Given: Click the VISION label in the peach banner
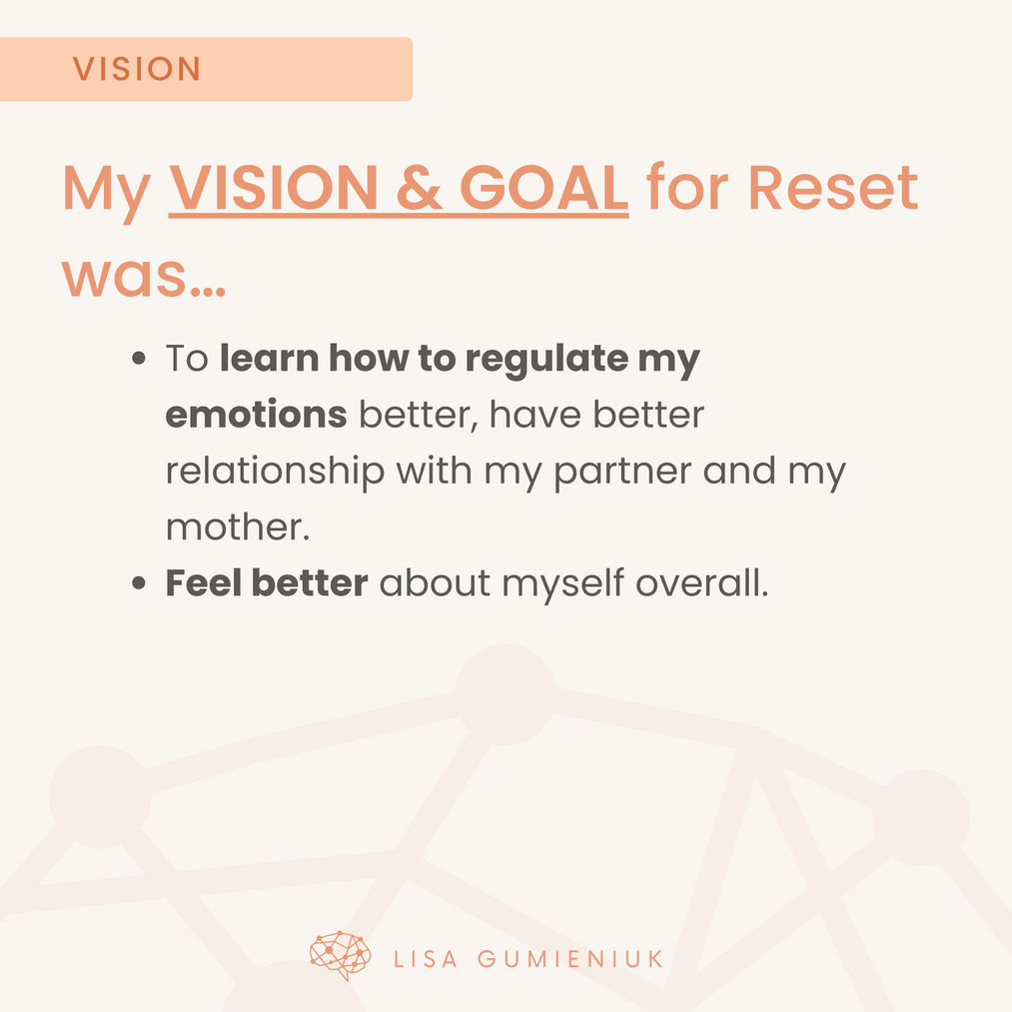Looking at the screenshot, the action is point(136,69).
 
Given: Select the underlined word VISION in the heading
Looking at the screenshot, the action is point(273,188).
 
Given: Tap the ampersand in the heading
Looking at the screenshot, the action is point(419,188).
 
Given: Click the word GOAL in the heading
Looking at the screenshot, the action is point(543,188).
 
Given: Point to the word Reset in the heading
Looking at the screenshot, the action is point(832,188).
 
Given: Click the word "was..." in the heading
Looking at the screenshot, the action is point(143,278).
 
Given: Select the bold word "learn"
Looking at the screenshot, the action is point(269,358).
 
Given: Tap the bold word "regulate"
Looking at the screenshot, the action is point(546,359).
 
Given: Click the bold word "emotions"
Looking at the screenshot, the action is point(256,415).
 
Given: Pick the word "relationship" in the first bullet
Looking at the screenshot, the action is point(275,472).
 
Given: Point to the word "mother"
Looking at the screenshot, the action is point(235,526).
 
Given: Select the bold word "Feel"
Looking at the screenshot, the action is point(204,582).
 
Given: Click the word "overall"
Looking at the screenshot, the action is point(698,582).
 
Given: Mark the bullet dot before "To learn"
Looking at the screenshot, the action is point(138,359).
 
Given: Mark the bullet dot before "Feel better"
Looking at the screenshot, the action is point(138,583).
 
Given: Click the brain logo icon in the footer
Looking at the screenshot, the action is point(340,955).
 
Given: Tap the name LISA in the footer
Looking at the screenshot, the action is point(426,959).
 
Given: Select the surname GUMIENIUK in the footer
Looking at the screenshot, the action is point(570,959).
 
